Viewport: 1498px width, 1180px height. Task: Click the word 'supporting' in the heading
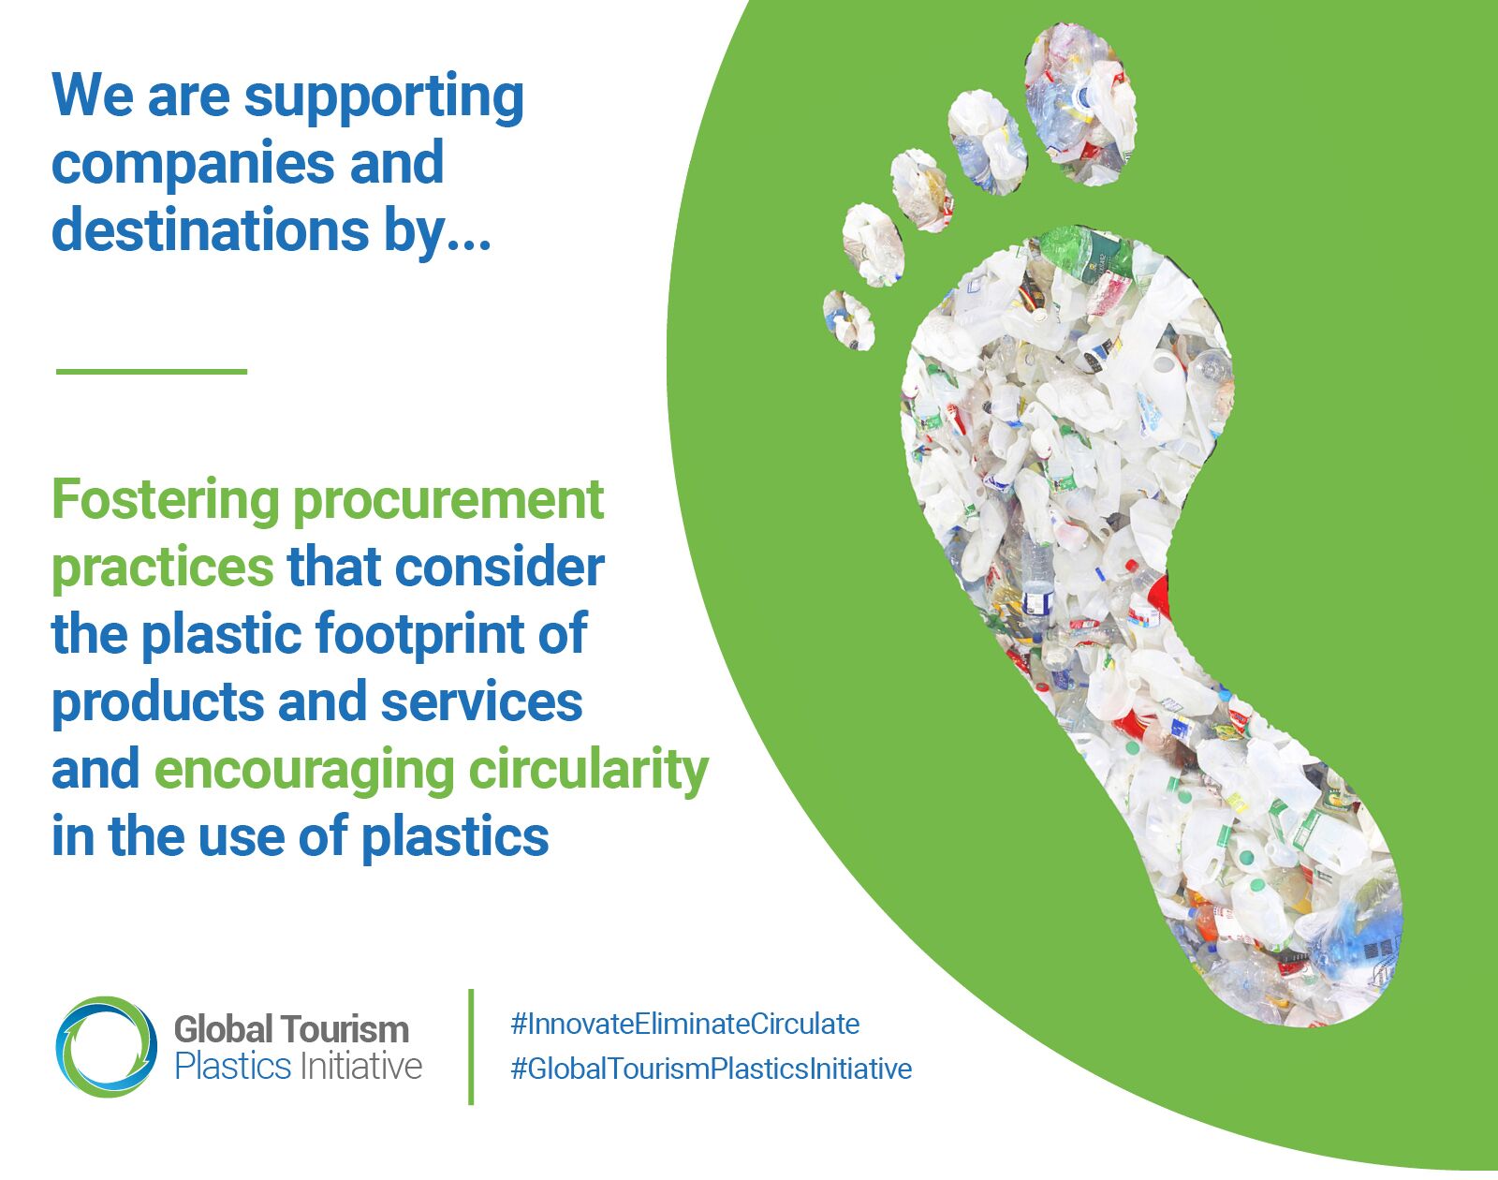[x=384, y=99]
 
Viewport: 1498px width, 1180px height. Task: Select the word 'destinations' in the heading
[x=211, y=229]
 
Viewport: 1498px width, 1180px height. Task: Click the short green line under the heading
[x=152, y=371]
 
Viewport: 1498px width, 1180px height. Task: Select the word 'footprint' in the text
[x=419, y=635]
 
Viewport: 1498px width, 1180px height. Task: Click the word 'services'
[x=481, y=702]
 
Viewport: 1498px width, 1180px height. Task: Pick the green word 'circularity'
[x=589, y=772]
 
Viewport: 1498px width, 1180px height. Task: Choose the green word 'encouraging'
[x=304, y=772]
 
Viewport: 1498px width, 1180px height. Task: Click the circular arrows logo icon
[x=107, y=1047]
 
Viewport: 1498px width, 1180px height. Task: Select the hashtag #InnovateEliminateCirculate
[x=685, y=1025]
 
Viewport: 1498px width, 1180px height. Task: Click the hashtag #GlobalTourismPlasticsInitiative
[x=711, y=1069]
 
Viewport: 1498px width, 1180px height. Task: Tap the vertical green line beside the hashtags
[x=471, y=1047]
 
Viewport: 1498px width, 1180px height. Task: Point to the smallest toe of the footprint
[x=848, y=319]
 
